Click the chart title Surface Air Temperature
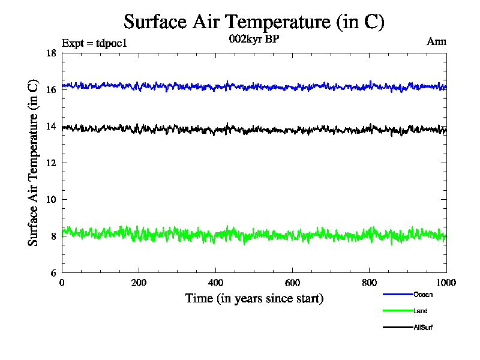pyautogui.click(x=253, y=22)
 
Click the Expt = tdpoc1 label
pyautogui.click(x=95, y=43)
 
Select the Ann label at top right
pyautogui.click(x=436, y=42)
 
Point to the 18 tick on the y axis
pyautogui.click(x=52, y=53)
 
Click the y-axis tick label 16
pyautogui.click(x=52, y=90)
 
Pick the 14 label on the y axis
pyautogui.click(x=52, y=127)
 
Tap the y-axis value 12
pyautogui.click(x=52, y=163)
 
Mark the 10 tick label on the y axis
pyautogui.click(x=52, y=200)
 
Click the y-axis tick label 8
pyautogui.click(x=54, y=236)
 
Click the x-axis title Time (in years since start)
pyautogui.click(x=254, y=298)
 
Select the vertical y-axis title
pyautogui.click(x=34, y=163)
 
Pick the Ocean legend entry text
pyautogui.click(x=423, y=295)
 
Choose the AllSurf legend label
pyautogui.click(x=423, y=328)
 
